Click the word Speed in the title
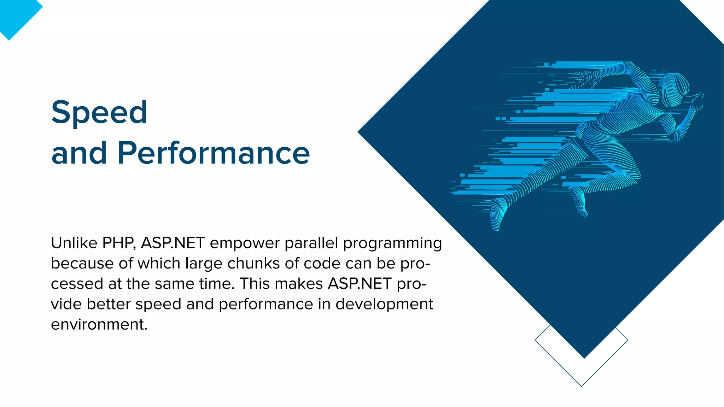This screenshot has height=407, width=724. point(99,112)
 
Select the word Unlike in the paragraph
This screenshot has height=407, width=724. point(74,243)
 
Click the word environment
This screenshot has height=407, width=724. point(99,324)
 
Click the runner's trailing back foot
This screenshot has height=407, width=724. point(496,221)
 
